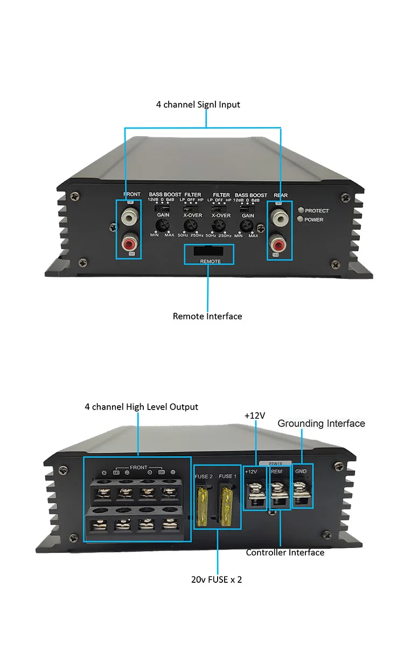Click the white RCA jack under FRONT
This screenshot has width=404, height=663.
[129, 217]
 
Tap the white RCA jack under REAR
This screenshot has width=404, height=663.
[278, 217]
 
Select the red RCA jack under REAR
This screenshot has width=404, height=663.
[278, 243]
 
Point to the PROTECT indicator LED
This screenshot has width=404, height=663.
[300, 210]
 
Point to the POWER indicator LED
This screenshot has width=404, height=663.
[300, 219]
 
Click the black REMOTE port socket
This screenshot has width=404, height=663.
[210, 251]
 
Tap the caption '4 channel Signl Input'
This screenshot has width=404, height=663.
[198, 104]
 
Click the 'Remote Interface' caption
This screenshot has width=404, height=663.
[207, 316]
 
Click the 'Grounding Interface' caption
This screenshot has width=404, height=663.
[321, 424]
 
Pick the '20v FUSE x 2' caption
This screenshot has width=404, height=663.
[217, 580]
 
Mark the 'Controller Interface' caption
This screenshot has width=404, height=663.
[285, 553]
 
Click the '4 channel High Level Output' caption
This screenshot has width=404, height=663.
[141, 407]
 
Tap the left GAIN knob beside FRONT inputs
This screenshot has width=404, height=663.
[161, 225]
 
